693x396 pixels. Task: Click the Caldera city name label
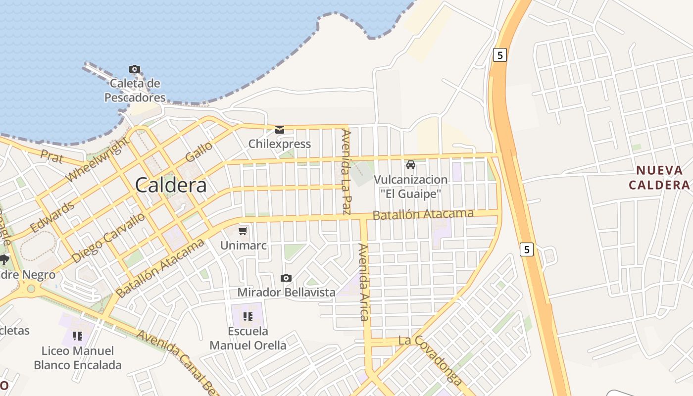171,185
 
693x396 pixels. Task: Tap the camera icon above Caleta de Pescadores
134,69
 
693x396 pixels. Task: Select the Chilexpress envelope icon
280,130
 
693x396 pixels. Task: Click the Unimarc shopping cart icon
243,231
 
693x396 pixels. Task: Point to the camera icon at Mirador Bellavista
286,278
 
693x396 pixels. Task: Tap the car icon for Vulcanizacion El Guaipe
410,165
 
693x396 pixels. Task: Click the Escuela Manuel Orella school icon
248,317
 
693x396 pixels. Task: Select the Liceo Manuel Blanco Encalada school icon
77,336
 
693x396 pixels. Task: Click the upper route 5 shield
500,55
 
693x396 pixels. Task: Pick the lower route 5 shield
527,249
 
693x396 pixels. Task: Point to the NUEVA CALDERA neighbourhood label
659,178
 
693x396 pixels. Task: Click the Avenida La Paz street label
347,171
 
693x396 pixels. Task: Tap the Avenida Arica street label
364,282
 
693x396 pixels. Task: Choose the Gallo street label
199,151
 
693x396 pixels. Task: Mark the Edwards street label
52,217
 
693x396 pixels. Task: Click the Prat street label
52,157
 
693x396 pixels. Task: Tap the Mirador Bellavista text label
286,292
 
